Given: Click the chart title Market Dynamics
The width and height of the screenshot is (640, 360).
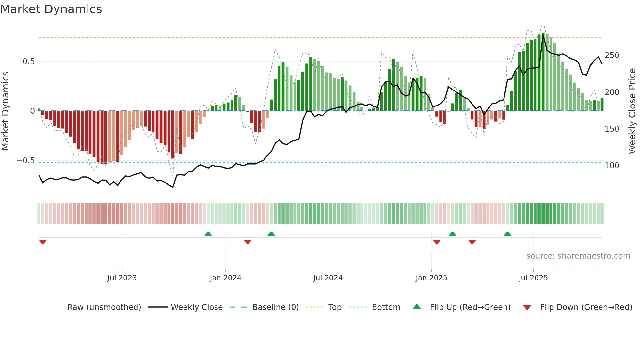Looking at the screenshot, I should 51,9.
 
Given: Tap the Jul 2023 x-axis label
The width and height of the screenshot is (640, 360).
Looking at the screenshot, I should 122,278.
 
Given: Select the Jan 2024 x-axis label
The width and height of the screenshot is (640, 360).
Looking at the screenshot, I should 225,278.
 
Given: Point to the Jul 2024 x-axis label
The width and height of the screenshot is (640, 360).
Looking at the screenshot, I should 328,278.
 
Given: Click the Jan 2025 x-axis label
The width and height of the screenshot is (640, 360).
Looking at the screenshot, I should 431,278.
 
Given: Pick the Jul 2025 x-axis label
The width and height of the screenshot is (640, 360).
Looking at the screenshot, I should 533,278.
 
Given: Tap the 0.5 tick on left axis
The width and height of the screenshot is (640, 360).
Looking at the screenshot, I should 28,62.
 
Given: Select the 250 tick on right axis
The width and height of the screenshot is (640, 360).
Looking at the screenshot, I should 612,56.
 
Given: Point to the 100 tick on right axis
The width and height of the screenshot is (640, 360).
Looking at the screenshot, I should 612,166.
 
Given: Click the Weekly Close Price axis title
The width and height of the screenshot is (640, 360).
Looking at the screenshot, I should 632,111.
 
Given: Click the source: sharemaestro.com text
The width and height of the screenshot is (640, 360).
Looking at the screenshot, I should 578,256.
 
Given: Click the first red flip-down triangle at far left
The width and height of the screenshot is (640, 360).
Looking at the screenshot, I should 43,242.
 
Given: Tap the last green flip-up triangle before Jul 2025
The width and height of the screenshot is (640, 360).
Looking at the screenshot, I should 507,234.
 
